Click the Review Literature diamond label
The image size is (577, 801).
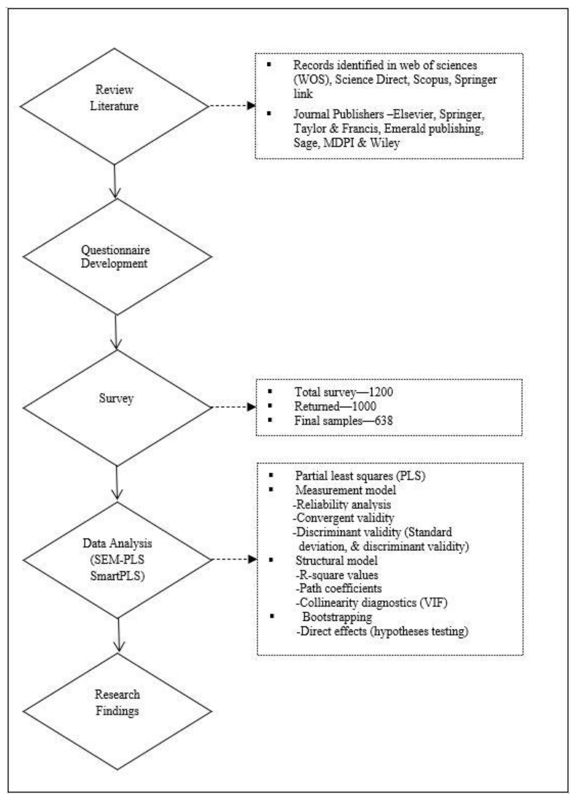pos(114,98)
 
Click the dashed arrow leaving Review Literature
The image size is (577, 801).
pos(231,106)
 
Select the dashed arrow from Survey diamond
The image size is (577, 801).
pos(233,407)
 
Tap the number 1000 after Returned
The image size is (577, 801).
pos(364,406)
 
